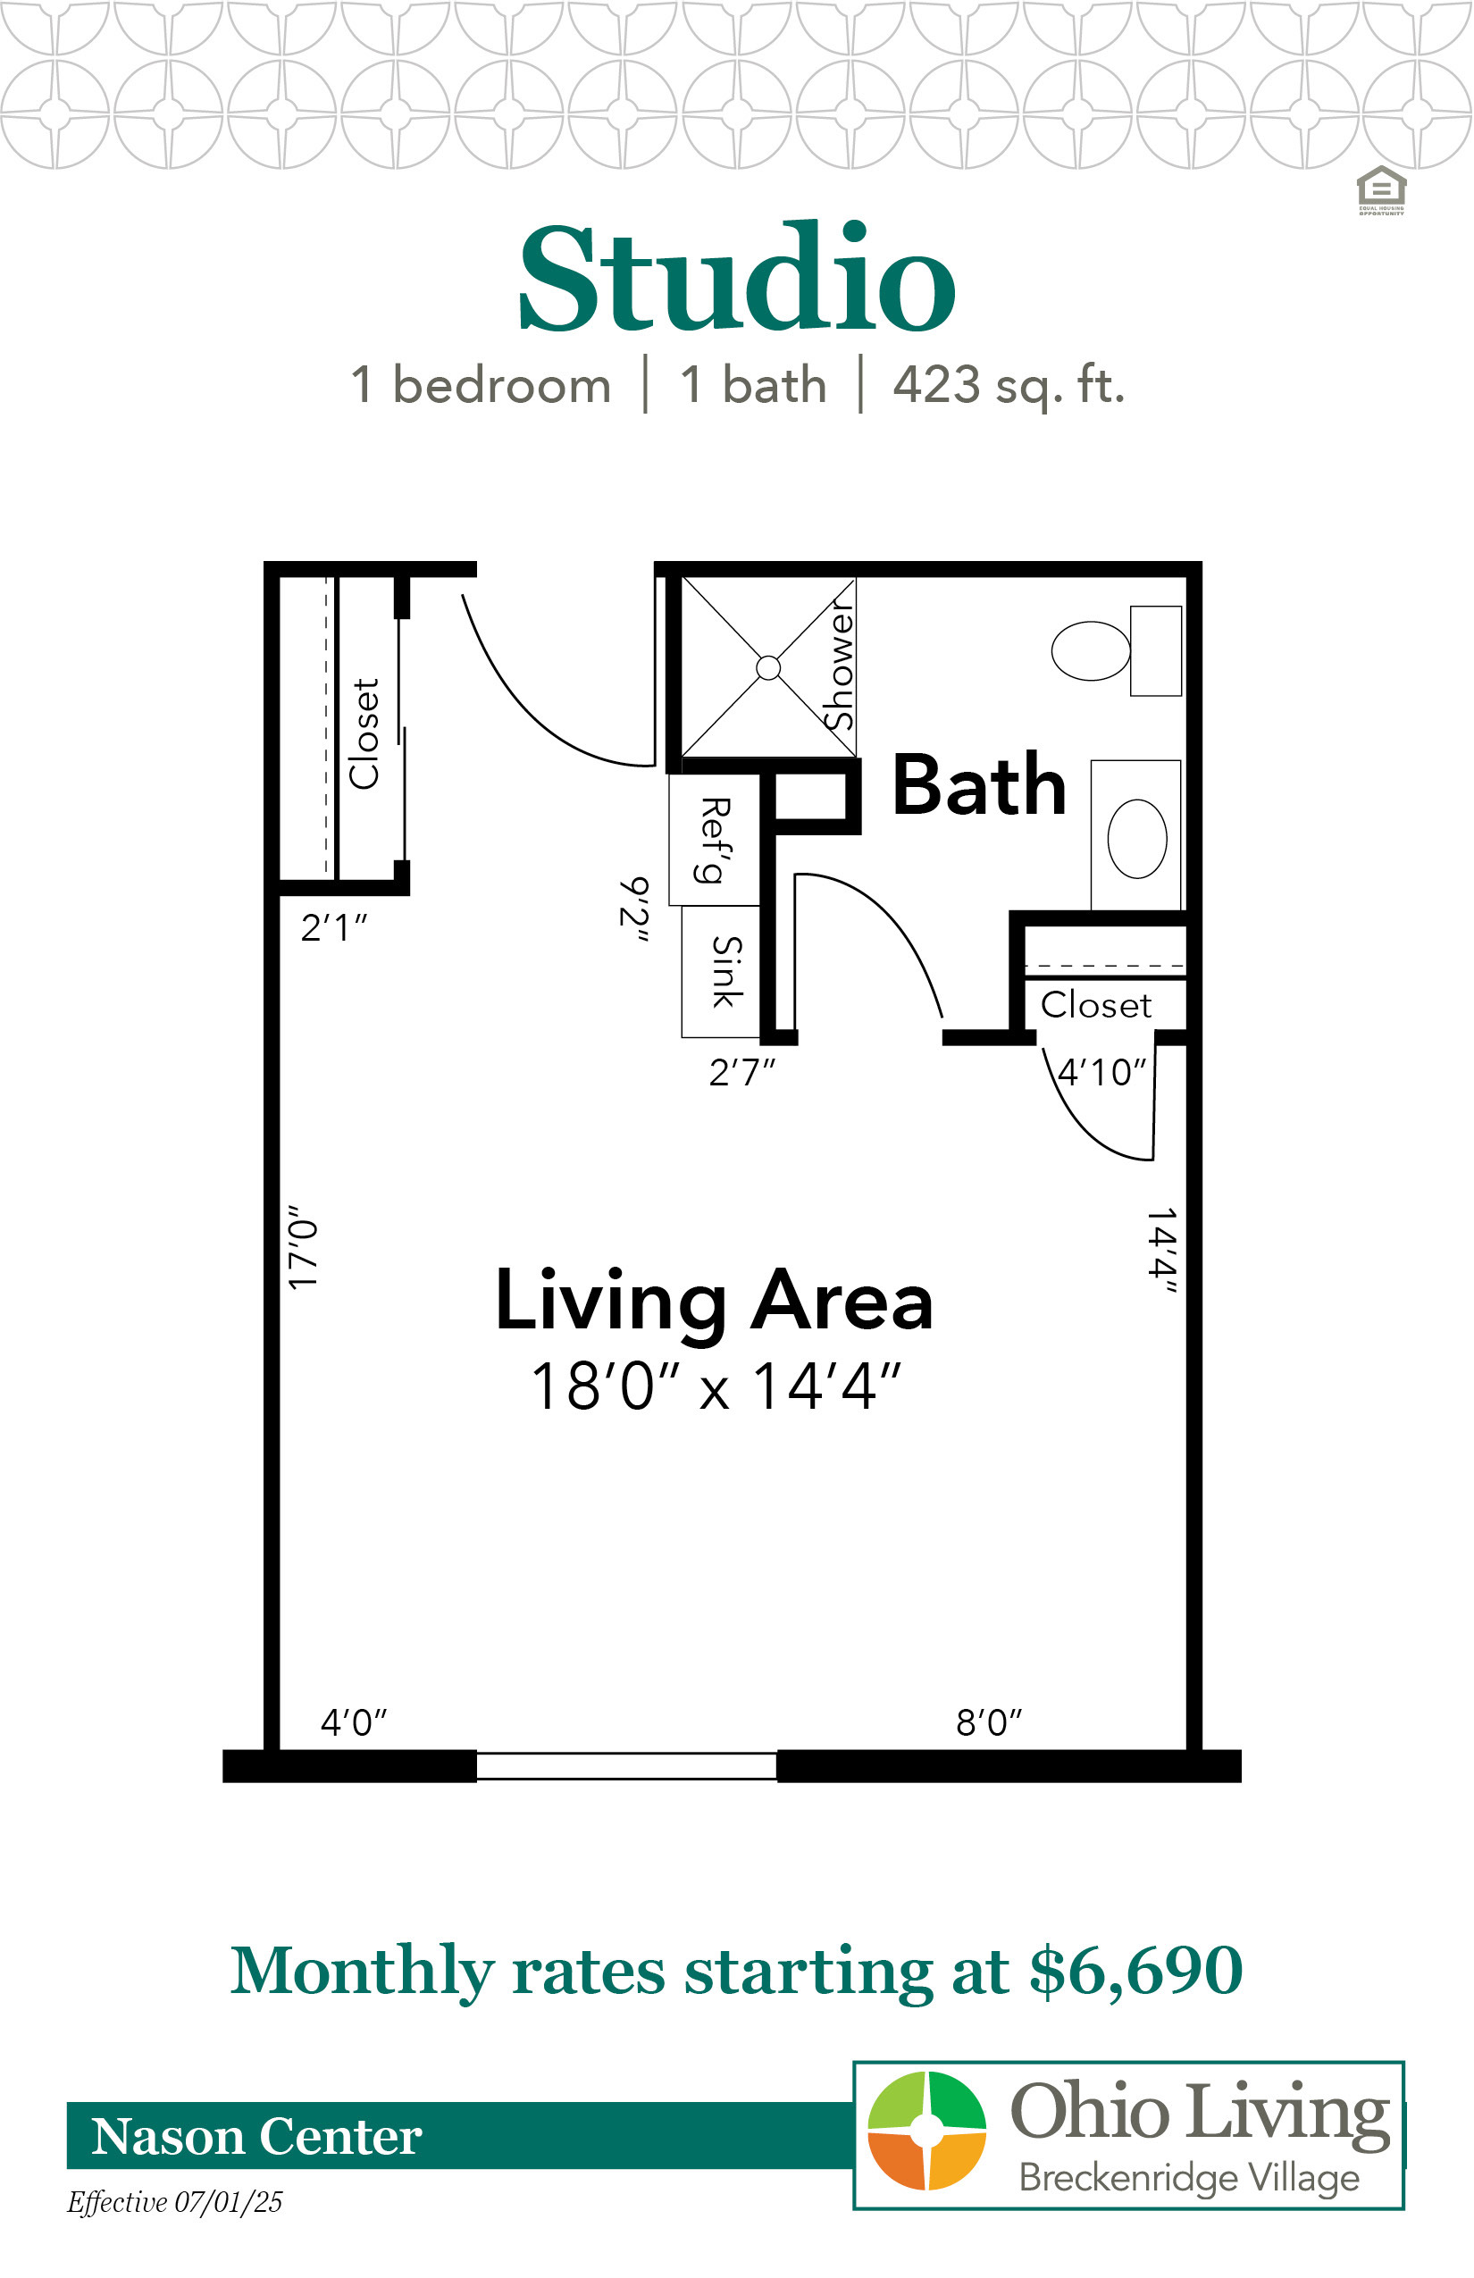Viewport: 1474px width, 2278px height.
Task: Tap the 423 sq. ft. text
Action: (1009, 385)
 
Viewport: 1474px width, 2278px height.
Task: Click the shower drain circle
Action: (767, 668)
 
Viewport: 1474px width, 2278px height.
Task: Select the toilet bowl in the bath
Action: (1090, 651)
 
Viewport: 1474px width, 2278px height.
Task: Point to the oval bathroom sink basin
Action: (1137, 839)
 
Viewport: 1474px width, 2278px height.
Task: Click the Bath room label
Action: (979, 785)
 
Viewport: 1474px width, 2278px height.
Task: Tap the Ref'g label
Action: (715, 840)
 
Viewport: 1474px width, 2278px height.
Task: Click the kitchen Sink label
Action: (726, 972)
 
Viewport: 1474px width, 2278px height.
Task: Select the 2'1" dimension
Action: (334, 927)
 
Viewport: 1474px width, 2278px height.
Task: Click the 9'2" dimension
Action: (634, 909)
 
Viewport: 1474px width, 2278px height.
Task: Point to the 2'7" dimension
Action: (741, 1072)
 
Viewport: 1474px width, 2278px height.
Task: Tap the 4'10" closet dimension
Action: (1101, 1072)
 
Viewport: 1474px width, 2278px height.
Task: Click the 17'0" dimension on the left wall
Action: (303, 1247)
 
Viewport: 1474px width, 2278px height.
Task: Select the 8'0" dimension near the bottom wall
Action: (989, 1723)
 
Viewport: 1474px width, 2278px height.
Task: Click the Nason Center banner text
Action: (256, 2136)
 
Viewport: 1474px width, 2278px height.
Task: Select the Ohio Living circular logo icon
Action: (926, 2131)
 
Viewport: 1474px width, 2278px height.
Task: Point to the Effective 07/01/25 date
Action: (175, 2202)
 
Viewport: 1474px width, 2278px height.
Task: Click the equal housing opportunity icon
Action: (1381, 190)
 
